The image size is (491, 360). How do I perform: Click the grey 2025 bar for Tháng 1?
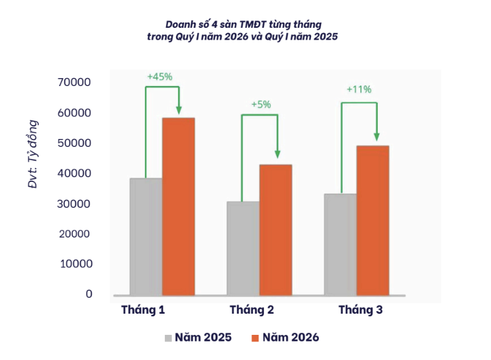point(146,236)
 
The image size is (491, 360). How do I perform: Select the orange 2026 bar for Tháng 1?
point(178,206)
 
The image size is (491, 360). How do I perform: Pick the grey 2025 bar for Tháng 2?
point(243,248)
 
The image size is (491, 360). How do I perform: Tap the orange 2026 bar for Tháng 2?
point(275,230)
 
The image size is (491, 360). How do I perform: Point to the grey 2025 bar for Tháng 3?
point(340,244)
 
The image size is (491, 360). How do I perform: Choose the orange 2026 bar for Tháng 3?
point(373,220)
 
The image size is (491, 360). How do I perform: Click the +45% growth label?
point(159,76)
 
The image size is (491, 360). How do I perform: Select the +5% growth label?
point(261,104)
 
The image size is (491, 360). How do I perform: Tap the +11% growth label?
point(359,89)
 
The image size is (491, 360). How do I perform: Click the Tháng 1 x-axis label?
point(143,310)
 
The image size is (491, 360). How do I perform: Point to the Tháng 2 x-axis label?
point(251,310)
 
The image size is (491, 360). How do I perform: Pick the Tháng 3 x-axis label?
point(360,310)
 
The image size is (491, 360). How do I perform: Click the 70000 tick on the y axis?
point(74,83)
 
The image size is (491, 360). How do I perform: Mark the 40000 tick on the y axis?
point(74,173)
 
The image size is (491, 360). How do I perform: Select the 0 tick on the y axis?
point(89,294)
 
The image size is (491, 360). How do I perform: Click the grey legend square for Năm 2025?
point(169,338)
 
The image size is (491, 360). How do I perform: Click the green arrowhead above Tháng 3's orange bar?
point(377,136)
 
